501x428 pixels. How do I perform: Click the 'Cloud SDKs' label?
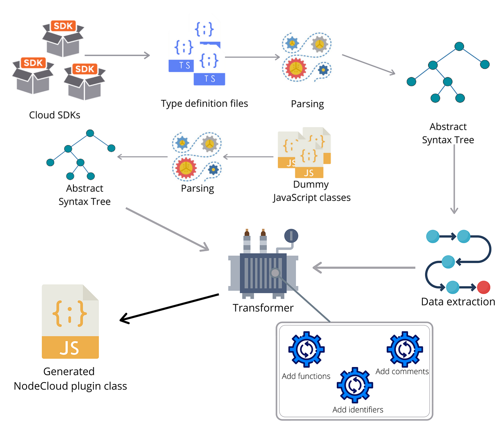(x=55, y=115)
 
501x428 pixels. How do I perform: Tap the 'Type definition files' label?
(x=204, y=104)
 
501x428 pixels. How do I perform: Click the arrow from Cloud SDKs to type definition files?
(x=117, y=55)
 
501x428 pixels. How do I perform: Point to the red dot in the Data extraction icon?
(x=483, y=287)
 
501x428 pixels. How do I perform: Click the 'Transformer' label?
(x=263, y=308)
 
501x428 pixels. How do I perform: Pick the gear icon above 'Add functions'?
(x=306, y=349)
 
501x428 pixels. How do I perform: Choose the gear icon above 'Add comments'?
(x=405, y=349)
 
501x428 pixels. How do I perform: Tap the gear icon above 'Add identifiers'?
(x=355, y=385)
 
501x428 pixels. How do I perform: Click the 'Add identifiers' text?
(x=358, y=410)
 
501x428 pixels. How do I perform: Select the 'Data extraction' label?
(x=458, y=302)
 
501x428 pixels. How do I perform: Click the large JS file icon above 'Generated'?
(x=70, y=322)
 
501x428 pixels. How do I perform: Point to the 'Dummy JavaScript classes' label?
(x=312, y=191)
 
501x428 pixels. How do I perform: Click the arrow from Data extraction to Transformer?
(x=364, y=268)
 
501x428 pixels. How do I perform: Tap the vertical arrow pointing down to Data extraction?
(x=454, y=179)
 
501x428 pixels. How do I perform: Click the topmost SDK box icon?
(x=63, y=39)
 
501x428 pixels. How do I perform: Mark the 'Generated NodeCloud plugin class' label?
(x=70, y=379)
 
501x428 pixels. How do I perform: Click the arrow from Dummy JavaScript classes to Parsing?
(x=248, y=157)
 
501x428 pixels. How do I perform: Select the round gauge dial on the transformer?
(x=291, y=236)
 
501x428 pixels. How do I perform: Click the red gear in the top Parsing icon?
(x=296, y=68)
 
